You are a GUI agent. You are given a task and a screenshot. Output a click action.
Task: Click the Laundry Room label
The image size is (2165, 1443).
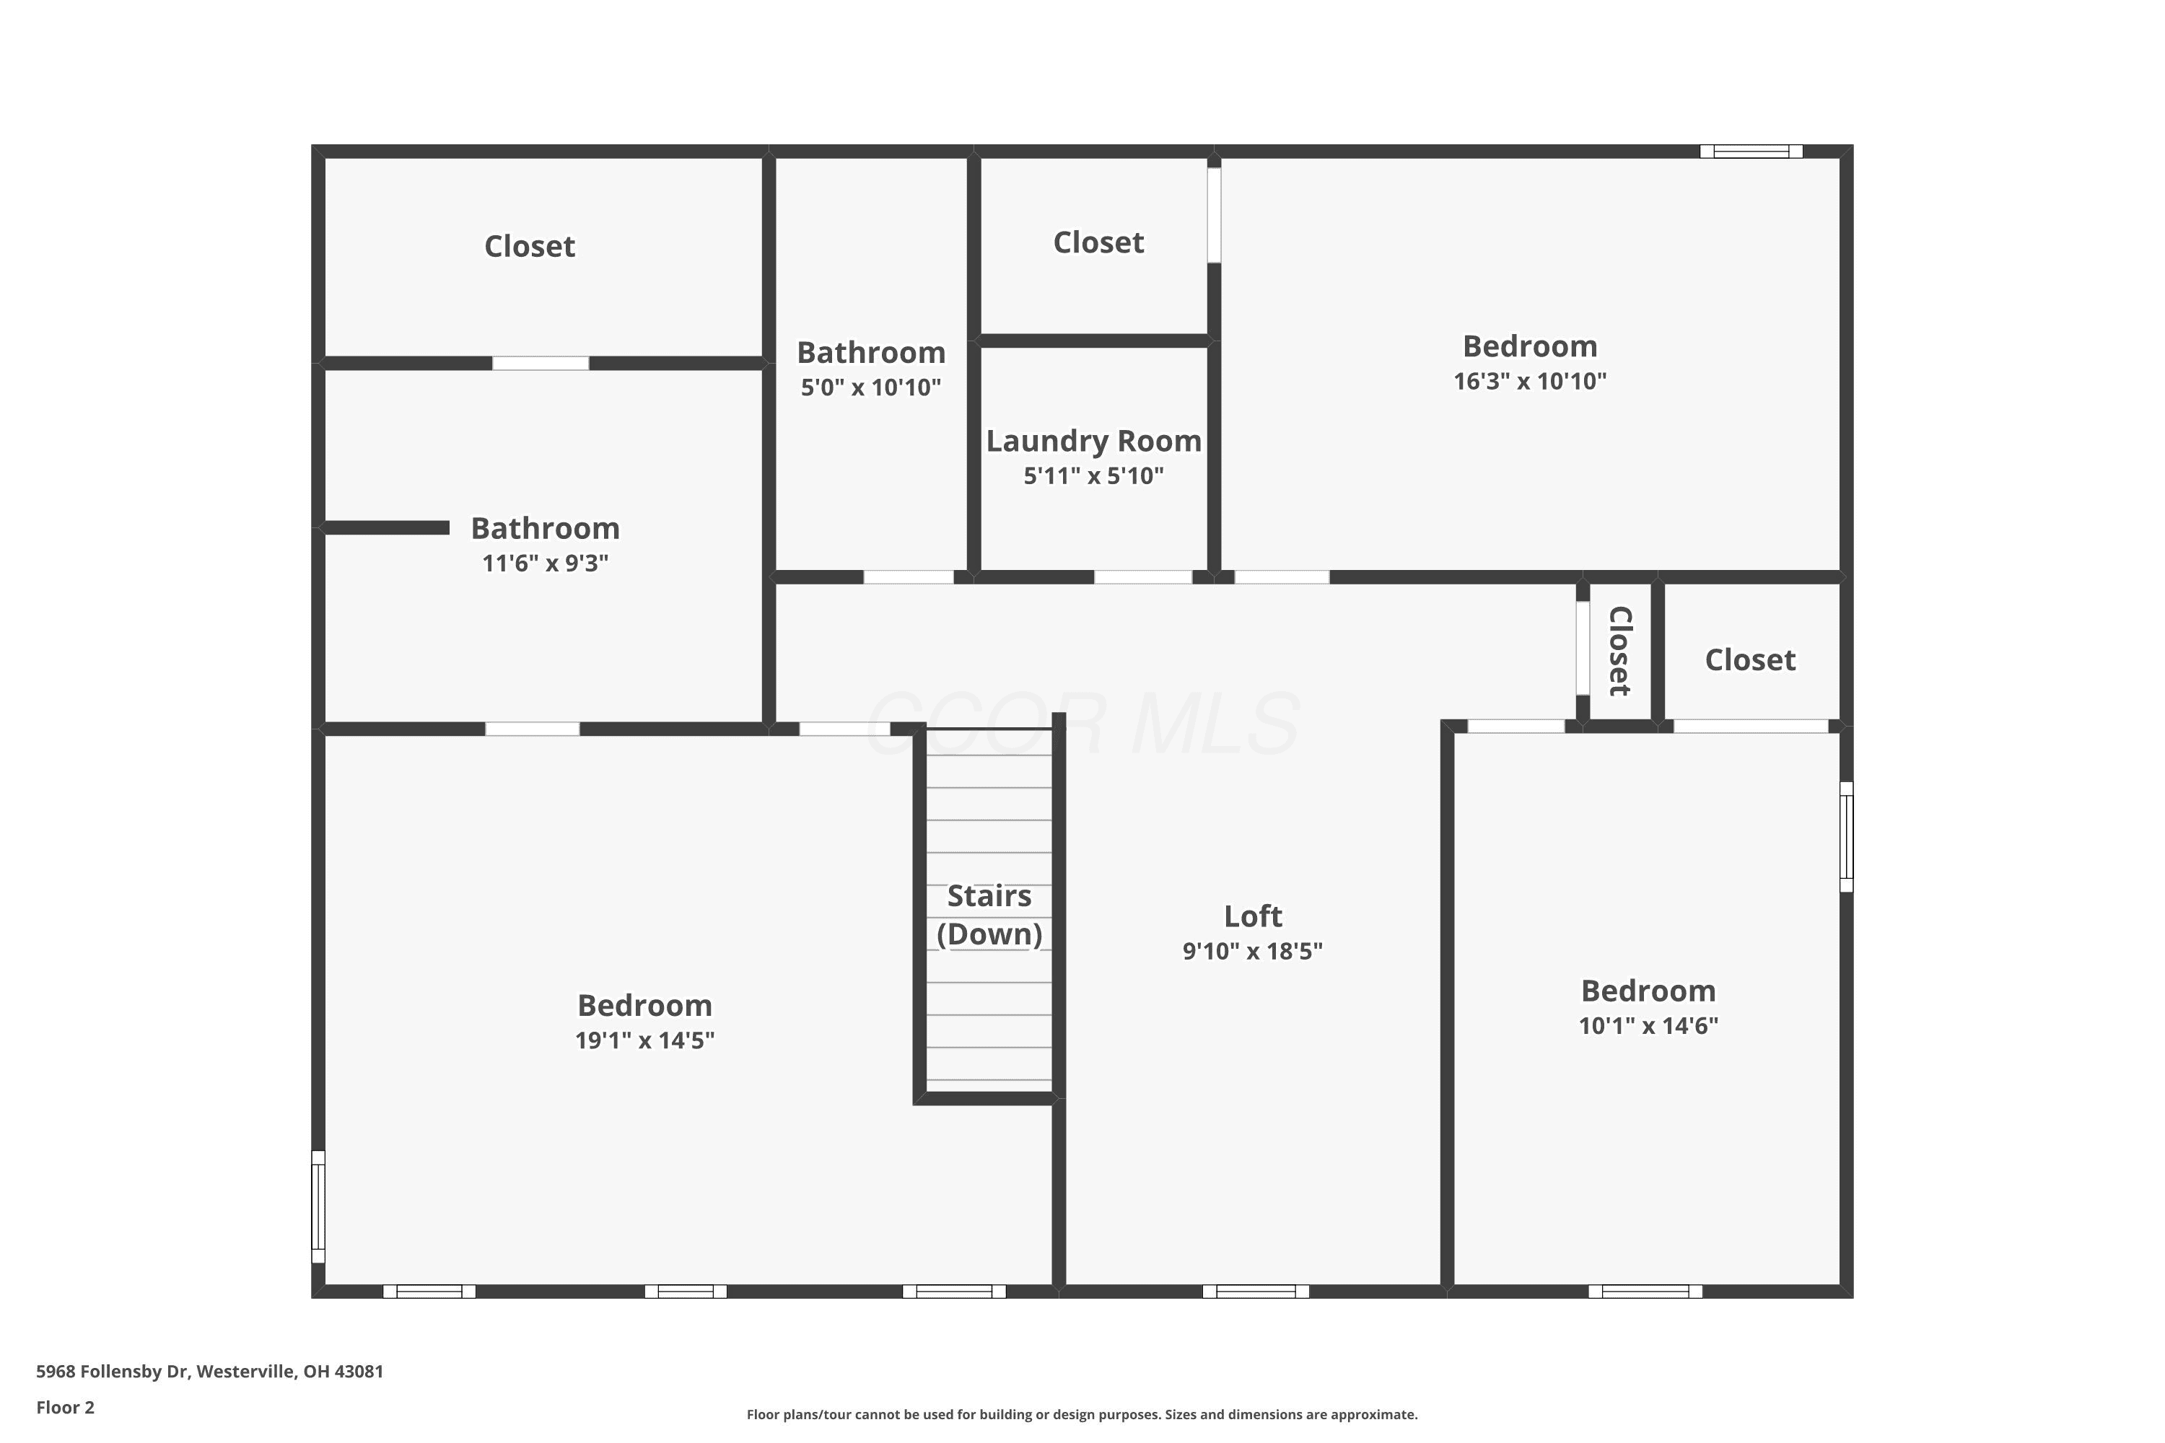pyautogui.click(x=1093, y=442)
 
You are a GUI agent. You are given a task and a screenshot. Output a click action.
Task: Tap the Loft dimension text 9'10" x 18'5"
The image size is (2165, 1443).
pyautogui.click(x=1252, y=952)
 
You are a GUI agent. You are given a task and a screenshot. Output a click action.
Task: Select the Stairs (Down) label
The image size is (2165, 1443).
pyautogui.click(x=989, y=915)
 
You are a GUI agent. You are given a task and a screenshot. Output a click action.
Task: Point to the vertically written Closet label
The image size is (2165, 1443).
pyautogui.click(x=1620, y=651)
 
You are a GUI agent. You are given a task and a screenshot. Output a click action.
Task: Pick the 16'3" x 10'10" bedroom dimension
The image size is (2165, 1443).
pyautogui.click(x=1530, y=382)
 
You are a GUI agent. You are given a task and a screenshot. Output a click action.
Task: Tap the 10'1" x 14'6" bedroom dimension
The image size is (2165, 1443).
pyautogui.click(x=1648, y=1026)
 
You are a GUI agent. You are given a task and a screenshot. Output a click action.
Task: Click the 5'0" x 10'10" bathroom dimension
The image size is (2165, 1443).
pyautogui.click(x=871, y=387)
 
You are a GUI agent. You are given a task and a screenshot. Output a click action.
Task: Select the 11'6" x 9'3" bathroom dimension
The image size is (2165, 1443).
pyautogui.click(x=545, y=563)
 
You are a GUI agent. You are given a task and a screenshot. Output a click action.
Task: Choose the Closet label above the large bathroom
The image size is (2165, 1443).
pyautogui.click(x=529, y=247)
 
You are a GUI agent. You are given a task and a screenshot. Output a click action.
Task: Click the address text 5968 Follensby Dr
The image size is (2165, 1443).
pyautogui.click(x=113, y=1372)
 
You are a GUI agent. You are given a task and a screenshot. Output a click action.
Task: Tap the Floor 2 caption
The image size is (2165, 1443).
pyautogui.click(x=66, y=1407)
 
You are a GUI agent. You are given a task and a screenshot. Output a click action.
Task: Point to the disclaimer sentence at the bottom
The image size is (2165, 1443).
pyautogui.click(x=1082, y=1414)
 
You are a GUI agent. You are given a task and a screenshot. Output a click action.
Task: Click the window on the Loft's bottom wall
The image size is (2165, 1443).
pyautogui.click(x=1256, y=1291)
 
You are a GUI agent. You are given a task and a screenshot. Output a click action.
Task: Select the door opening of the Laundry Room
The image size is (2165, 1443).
pyautogui.click(x=1143, y=577)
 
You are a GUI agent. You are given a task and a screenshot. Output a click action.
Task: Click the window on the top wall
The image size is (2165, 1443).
pyautogui.click(x=1751, y=152)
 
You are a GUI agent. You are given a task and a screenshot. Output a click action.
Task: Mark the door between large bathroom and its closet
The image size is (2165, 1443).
pyautogui.click(x=541, y=364)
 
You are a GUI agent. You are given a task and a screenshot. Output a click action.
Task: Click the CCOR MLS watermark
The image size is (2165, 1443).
pyautogui.click(x=1082, y=725)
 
